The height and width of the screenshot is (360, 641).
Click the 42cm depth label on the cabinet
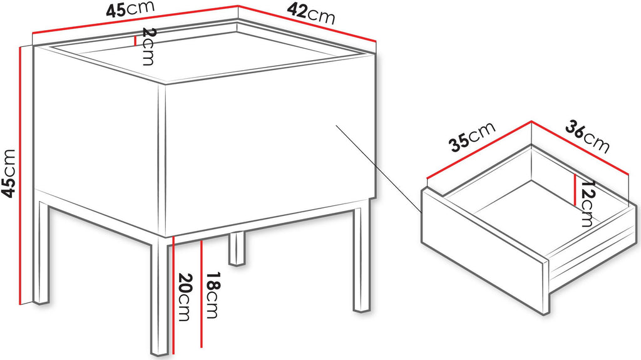point(310,13)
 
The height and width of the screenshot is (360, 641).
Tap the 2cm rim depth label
point(148,46)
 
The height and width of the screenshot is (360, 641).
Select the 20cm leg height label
point(185,297)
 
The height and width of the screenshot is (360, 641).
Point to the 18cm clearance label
point(212,295)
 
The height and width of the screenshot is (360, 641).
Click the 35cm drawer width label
point(472,136)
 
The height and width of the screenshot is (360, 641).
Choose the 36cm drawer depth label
point(587,136)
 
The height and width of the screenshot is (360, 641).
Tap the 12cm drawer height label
point(587,203)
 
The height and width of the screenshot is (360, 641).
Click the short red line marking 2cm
point(135,40)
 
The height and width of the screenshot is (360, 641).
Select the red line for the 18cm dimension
point(202,294)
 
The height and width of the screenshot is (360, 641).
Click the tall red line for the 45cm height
point(19,175)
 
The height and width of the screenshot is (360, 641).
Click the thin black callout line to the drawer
point(379,169)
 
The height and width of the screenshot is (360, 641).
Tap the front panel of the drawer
point(485,250)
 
